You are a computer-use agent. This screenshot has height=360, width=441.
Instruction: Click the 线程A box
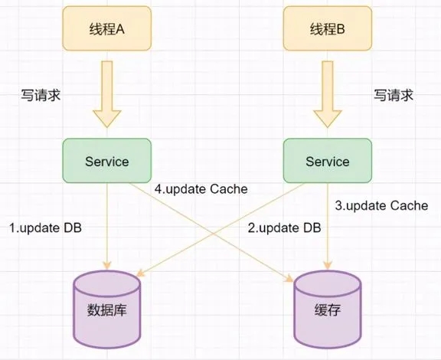click(107, 28)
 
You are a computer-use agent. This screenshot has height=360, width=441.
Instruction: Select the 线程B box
click(328, 28)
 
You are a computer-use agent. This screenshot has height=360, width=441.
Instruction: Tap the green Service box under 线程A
click(107, 161)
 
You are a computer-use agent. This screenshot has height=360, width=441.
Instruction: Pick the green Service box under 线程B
click(328, 161)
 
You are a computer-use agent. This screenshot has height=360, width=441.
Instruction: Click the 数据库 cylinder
click(107, 309)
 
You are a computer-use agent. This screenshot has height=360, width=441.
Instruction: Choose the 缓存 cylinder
click(328, 309)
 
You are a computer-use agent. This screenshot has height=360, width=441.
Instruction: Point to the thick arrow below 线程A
click(107, 94)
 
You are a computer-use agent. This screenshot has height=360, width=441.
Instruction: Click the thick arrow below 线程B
click(328, 94)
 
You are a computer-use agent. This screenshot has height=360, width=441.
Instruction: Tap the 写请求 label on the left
click(41, 95)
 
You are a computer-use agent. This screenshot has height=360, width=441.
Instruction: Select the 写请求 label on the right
click(394, 95)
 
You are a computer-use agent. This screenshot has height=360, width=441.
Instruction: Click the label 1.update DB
click(45, 227)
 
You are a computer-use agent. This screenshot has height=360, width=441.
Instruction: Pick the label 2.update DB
click(284, 227)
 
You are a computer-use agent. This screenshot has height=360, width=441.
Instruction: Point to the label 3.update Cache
click(381, 206)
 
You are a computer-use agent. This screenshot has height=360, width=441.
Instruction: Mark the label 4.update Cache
click(201, 189)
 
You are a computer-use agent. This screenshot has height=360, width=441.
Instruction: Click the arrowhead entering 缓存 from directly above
click(328, 265)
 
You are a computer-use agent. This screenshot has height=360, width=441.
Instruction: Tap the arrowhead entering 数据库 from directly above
click(107, 265)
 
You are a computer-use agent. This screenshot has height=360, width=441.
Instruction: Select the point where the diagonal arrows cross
click(213, 234)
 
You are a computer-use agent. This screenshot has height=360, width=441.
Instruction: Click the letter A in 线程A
click(120, 29)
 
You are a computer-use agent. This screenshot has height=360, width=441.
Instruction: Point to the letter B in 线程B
click(341, 29)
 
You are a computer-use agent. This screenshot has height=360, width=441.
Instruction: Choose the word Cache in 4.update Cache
click(229, 189)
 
